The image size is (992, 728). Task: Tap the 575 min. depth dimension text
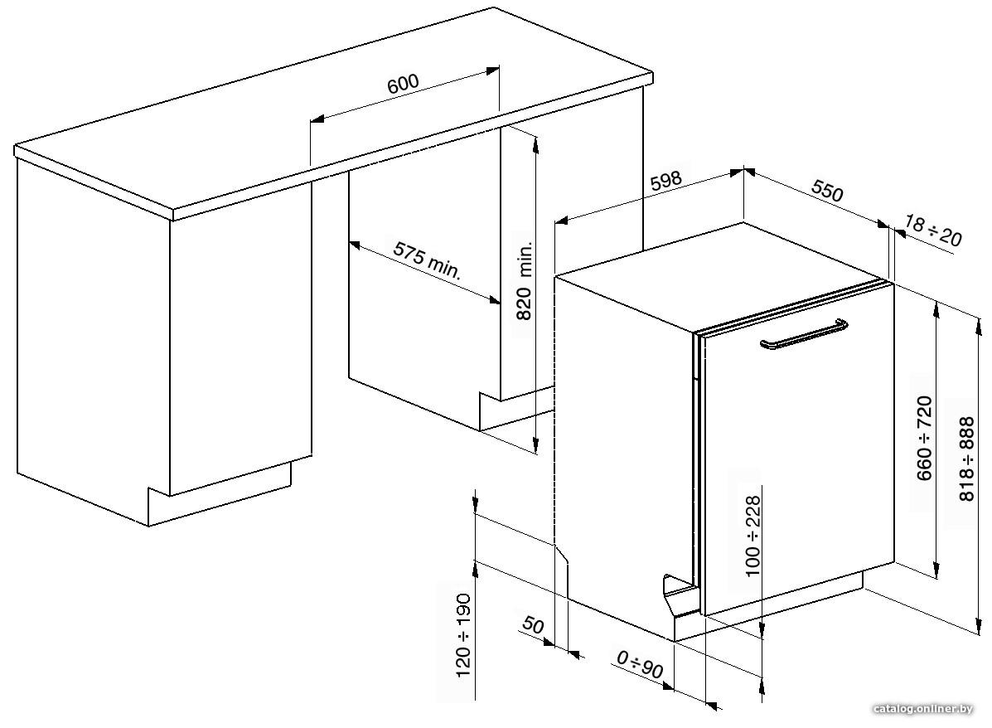click(428, 260)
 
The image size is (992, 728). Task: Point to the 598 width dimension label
click(666, 181)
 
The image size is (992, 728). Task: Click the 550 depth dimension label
click(828, 191)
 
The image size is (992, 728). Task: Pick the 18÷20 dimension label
click(932, 231)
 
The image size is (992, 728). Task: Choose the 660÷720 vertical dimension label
click(924, 438)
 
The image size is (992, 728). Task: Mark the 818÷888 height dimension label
click(967, 459)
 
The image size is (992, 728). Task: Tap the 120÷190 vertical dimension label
click(464, 635)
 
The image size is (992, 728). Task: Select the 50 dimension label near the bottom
click(534, 625)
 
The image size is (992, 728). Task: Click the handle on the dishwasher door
click(804, 334)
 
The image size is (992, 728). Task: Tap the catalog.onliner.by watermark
click(922, 709)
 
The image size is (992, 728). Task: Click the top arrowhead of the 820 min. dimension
click(536, 145)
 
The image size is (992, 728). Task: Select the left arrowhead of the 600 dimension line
click(317, 119)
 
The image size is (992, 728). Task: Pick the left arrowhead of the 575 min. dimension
click(355, 245)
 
